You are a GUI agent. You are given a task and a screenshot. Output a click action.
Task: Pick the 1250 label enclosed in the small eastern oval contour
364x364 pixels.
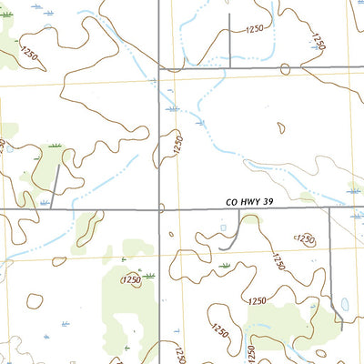click(x=305, y=239)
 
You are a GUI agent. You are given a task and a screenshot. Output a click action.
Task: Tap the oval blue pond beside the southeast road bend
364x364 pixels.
click(x=344, y=304)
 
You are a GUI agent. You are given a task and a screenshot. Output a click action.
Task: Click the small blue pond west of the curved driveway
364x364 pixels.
click(x=223, y=228)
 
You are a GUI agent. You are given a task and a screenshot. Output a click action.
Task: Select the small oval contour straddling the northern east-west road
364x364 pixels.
click(x=285, y=68)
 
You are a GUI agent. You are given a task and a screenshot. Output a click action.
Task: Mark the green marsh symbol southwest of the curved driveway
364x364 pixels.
click(x=225, y=265)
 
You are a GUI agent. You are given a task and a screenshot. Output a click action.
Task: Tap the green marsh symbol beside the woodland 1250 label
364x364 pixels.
click(x=148, y=274)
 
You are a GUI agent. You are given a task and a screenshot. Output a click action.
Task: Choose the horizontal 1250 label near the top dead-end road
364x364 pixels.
click(x=254, y=29)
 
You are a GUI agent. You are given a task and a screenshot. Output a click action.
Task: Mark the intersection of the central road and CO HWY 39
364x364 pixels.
click(x=160, y=210)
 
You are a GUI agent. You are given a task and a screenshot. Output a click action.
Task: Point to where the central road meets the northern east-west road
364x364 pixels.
click(x=160, y=68)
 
